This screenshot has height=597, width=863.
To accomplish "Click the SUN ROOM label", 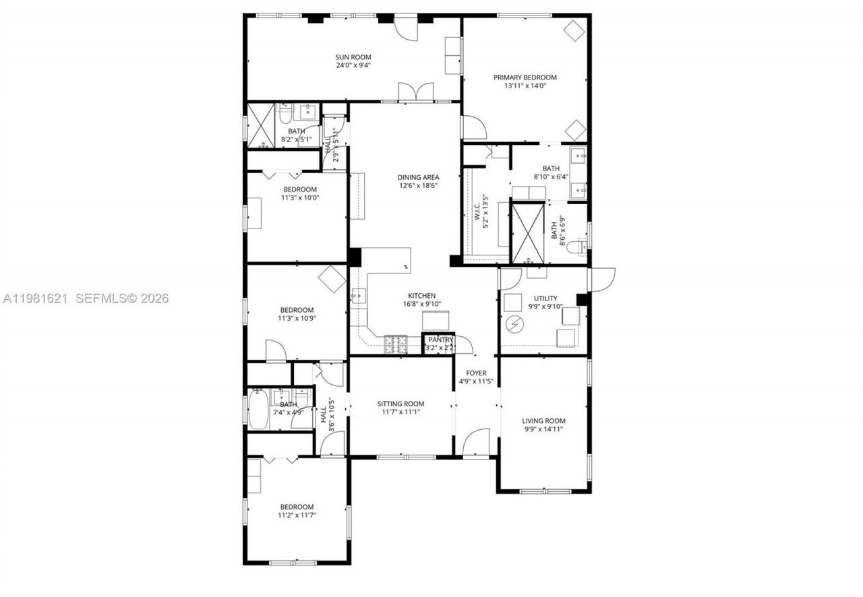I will [354, 57].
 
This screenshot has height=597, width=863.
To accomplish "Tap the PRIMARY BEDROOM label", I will [529, 77].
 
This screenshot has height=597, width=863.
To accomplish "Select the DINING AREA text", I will [418, 177].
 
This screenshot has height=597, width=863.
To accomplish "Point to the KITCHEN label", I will [421, 295].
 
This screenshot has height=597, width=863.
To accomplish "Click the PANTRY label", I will [440, 340].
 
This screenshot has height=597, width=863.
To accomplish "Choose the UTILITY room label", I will [545, 298].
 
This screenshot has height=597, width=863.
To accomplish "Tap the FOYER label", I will [476, 373].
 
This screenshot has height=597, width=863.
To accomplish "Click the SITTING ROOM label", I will [400, 404].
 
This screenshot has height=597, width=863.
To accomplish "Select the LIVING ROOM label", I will [543, 420].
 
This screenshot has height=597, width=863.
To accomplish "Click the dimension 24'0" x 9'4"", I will [354, 65].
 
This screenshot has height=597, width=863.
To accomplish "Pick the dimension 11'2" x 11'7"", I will [297, 515].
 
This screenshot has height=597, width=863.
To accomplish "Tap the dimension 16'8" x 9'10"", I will [421, 304].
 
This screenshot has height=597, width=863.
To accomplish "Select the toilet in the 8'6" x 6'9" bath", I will [575, 248].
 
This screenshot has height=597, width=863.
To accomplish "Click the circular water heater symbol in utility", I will [515, 325].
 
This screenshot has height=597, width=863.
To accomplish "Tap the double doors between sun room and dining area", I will [415, 92].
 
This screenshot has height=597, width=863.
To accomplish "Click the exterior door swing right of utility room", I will [602, 278].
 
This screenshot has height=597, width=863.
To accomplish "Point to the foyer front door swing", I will [476, 443].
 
